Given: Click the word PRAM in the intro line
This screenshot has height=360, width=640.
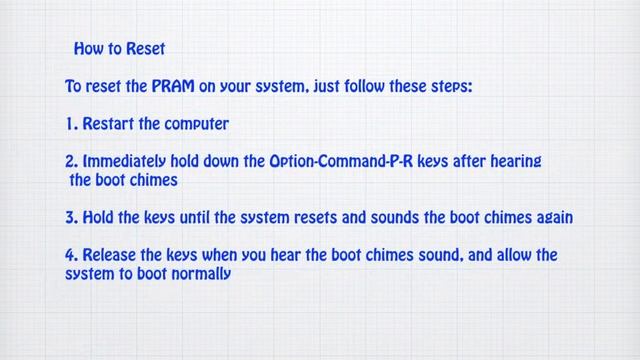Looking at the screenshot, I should click(174, 87).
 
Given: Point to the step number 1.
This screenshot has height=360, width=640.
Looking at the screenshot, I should click(69, 124).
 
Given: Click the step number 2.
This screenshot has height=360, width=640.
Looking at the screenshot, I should click(70, 161).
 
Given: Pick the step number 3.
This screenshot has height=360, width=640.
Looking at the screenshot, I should click(70, 217).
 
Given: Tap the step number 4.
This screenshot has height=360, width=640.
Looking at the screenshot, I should click(71, 255).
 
